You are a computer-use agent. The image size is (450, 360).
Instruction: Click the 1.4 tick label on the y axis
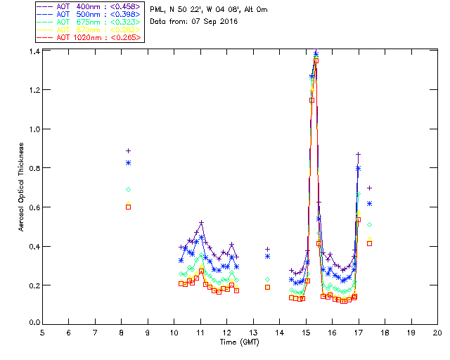[34, 52]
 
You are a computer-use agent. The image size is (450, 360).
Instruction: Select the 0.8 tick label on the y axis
[34, 169]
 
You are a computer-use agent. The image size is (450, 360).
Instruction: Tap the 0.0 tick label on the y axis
[34, 323]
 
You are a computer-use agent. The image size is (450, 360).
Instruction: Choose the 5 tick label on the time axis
[42, 333]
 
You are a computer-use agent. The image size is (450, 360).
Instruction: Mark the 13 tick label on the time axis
[253, 333]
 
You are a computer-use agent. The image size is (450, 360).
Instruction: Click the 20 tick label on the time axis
[437, 333]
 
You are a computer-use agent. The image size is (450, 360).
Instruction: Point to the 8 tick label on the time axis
[122, 333]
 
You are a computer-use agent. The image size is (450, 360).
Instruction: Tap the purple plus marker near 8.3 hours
[128, 150]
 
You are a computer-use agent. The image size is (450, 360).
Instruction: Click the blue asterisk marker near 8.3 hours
[128, 163]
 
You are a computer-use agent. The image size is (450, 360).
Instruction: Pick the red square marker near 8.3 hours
[128, 207]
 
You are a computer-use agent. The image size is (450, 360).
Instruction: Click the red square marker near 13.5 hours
[267, 287]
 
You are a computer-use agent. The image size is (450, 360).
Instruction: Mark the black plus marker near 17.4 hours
[369, 188]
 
